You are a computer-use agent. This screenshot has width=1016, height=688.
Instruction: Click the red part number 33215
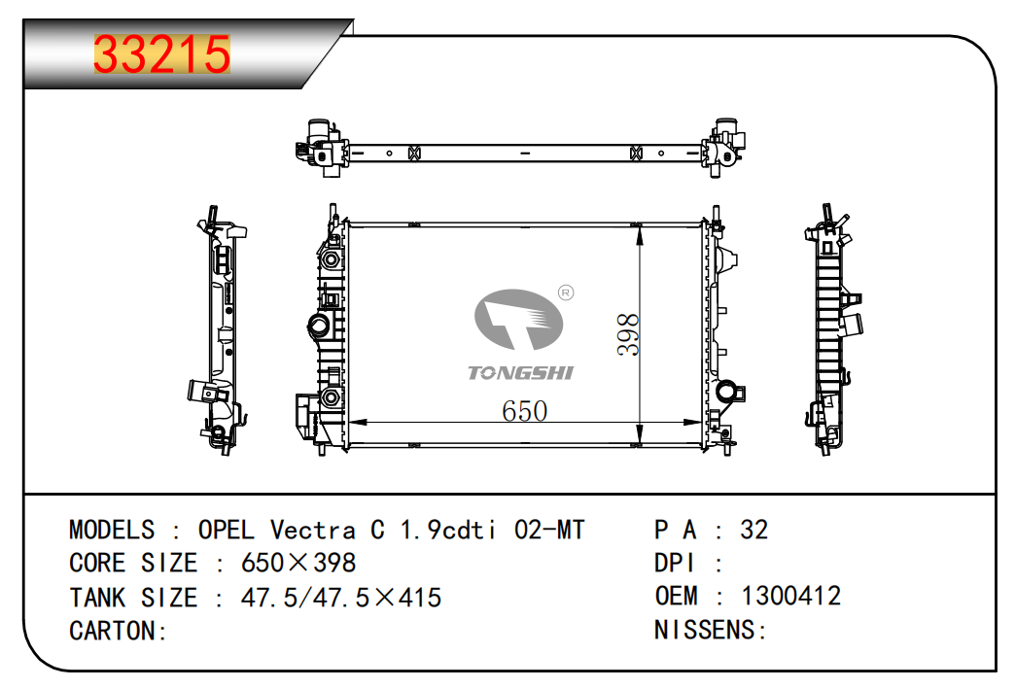tap(162, 53)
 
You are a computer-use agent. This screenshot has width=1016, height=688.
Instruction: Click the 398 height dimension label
tap(628, 334)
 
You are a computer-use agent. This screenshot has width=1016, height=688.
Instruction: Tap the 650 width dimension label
tap(524, 411)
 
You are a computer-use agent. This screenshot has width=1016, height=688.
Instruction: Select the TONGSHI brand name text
tap(520, 372)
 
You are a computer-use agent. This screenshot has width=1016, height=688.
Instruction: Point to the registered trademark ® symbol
tap(566, 292)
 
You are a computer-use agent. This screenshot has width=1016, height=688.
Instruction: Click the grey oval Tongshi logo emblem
tap(518, 320)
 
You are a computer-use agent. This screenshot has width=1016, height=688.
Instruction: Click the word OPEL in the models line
tap(226, 530)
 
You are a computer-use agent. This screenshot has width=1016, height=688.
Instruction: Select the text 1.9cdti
tap(448, 530)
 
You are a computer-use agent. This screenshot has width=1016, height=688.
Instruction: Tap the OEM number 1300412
tap(790, 596)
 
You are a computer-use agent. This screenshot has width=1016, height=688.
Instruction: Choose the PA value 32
tap(754, 530)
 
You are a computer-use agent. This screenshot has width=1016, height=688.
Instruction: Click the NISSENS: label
tap(711, 630)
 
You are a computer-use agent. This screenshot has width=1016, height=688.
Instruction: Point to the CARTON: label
tap(118, 631)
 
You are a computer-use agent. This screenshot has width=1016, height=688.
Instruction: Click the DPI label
tap(674, 563)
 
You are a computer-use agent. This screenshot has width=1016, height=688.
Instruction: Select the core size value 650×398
tap(298, 563)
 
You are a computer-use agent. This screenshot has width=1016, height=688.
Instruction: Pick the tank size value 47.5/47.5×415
tap(341, 598)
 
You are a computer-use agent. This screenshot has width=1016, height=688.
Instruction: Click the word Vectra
tap(312, 530)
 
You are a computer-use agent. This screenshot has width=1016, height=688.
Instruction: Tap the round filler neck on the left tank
tap(319, 325)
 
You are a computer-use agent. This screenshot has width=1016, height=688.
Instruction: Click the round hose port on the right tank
tap(726, 391)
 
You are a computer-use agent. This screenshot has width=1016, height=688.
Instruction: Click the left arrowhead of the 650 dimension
tap(359, 423)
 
